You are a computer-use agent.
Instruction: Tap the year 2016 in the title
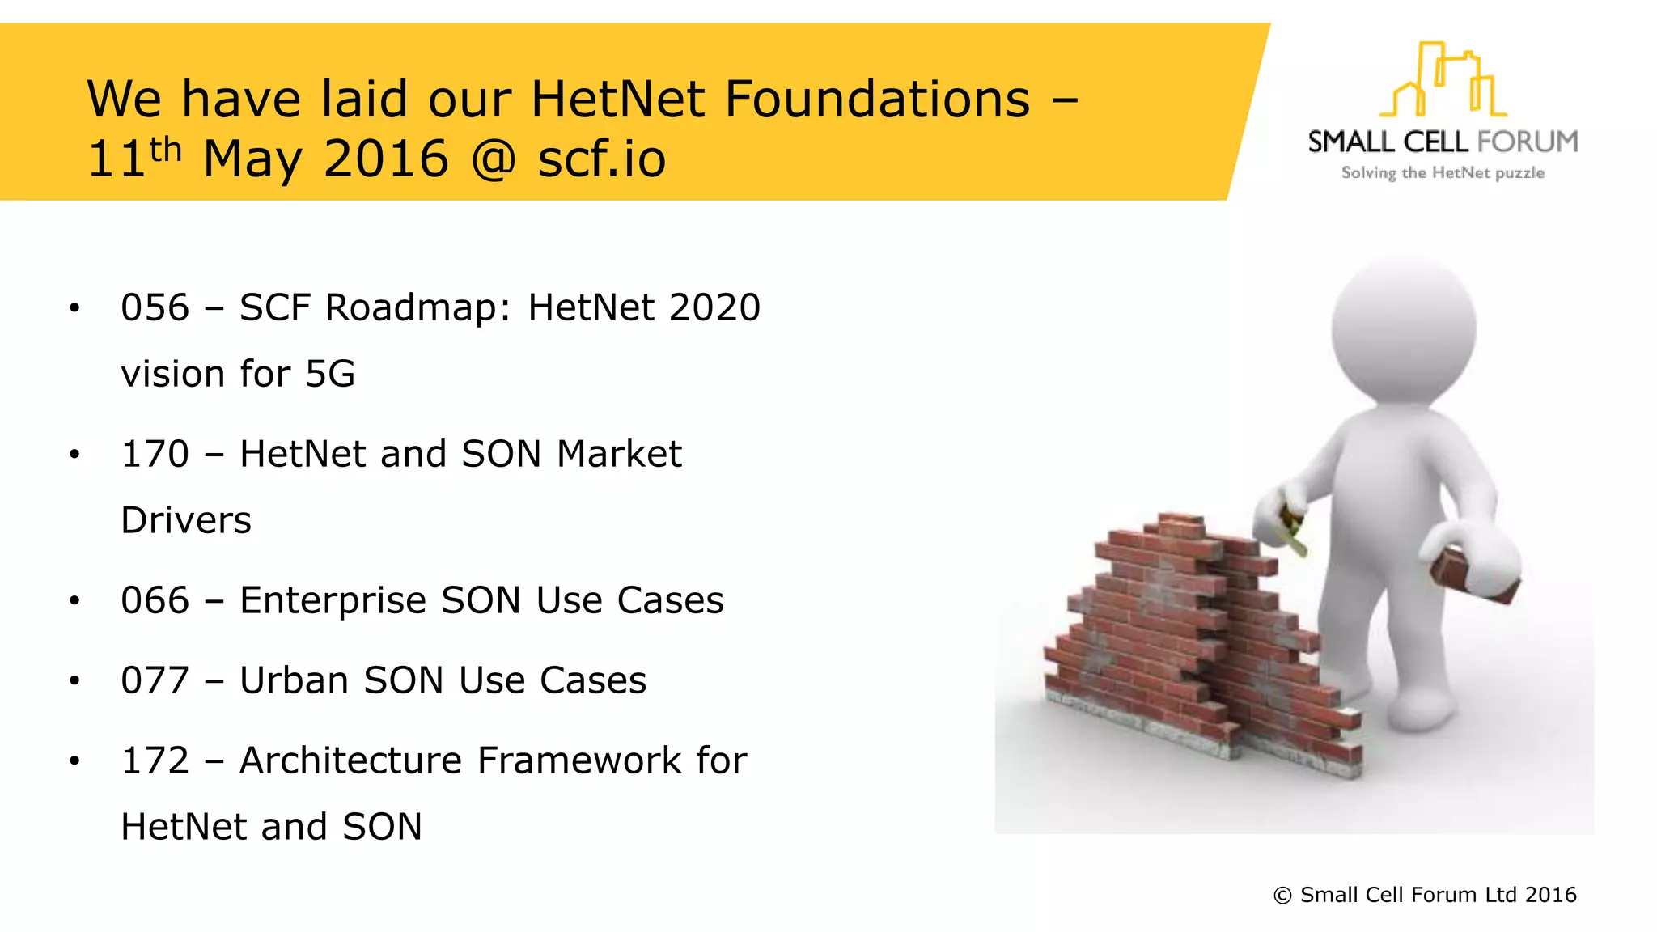[386, 159]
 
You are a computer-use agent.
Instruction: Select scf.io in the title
[602, 159]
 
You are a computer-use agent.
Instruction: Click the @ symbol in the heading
[493, 159]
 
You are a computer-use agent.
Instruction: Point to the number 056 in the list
[155, 308]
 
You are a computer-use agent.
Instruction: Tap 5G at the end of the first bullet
[330, 375]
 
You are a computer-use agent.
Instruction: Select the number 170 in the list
[155, 455]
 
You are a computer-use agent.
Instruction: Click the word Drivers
[186, 521]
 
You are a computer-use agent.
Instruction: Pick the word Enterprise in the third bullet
[333, 601]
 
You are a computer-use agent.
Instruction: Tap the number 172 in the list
[155, 761]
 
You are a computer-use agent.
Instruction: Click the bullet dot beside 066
[74, 601]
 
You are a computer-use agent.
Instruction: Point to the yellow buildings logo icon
[1443, 81]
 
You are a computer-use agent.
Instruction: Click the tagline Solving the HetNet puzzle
[1443, 173]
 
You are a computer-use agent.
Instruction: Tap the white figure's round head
[1405, 328]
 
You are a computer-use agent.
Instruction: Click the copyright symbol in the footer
[1282, 896]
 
